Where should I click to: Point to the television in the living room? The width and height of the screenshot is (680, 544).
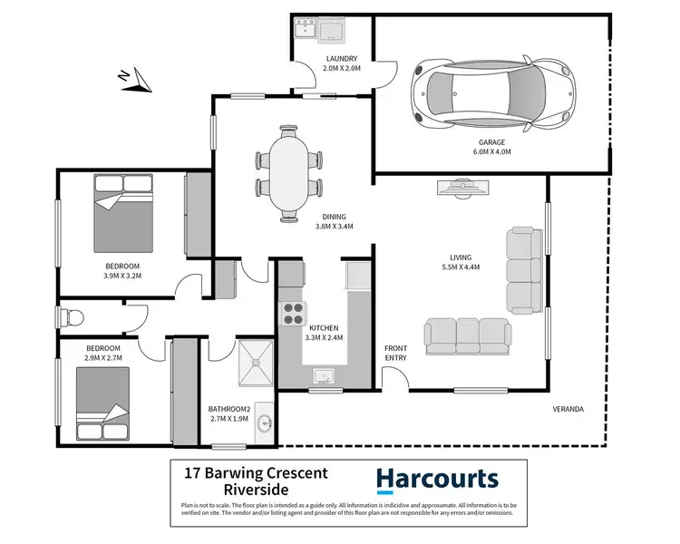(x=465, y=188)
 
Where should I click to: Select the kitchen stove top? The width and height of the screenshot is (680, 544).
(x=294, y=314)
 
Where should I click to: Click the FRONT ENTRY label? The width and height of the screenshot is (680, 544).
(x=396, y=353)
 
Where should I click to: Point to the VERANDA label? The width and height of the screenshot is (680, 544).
(x=568, y=410)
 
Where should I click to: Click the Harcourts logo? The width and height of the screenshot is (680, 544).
(x=437, y=479)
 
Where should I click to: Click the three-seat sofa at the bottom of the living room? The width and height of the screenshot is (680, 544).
(x=465, y=333)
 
